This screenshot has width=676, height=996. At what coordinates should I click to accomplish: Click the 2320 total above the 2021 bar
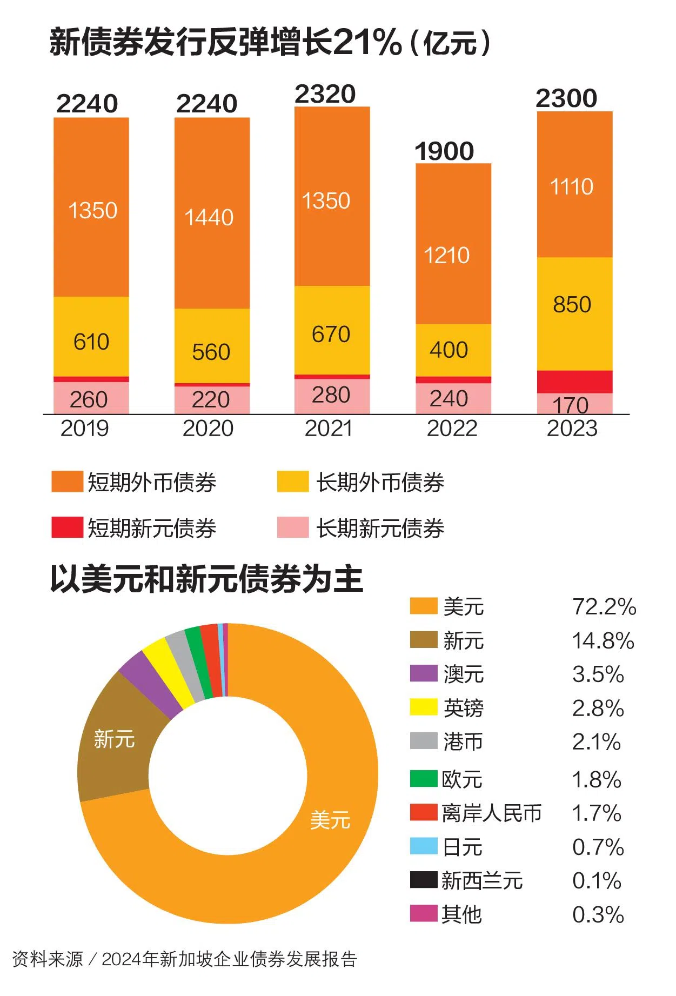click(325, 94)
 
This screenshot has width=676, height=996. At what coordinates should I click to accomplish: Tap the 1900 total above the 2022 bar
click(444, 151)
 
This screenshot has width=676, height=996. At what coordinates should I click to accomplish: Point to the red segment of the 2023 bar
click(574, 382)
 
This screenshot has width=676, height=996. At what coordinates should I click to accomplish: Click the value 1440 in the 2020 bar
click(209, 217)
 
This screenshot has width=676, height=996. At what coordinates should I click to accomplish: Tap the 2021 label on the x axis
click(329, 429)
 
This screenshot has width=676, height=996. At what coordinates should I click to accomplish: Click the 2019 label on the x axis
click(85, 429)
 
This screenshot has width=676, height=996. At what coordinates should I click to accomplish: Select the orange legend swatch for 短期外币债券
click(67, 482)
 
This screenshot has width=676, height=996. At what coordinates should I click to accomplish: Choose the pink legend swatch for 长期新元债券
click(292, 527)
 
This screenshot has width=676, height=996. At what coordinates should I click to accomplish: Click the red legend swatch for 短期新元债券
click(67, 527)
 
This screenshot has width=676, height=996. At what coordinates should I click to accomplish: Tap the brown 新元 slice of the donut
click(116, 740)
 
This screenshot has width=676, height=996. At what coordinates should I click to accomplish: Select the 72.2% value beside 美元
click(604, 607)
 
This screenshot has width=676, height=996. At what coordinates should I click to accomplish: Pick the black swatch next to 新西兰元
click(423, 880)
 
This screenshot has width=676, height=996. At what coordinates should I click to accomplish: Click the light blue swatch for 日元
click(423, 846)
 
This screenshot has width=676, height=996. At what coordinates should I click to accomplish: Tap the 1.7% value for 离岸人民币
click(597, 813)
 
